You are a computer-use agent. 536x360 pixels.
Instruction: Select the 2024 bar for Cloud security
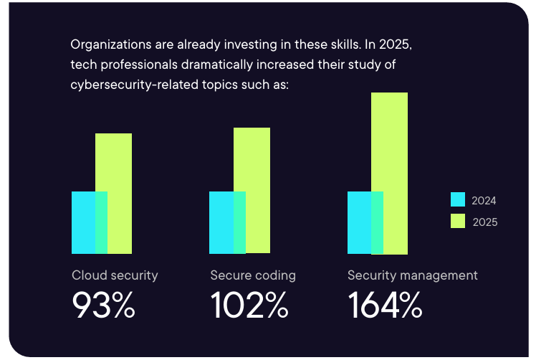pos(83,222)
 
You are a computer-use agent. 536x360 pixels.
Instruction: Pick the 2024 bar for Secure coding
pos(221,222)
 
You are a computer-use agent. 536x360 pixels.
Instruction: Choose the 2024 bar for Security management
pos(359,222)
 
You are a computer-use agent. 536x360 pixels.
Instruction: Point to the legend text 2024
pos(484,201)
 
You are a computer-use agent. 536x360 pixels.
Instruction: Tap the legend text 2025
pos(484,222)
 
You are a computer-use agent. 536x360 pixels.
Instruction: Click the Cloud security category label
pos(115,275)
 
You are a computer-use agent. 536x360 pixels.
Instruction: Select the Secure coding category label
pos(252,275)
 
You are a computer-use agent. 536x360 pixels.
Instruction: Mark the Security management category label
pos(412,275)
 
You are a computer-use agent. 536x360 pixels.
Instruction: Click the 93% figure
pos(103,306)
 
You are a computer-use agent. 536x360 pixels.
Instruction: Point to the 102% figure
pos(249,306)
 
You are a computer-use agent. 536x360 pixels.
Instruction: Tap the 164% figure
pos(385,306)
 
